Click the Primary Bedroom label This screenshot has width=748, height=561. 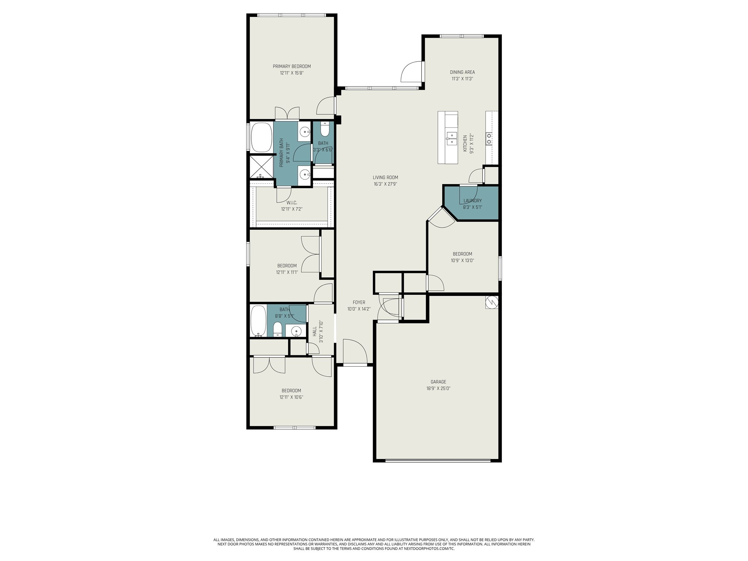(291, 66)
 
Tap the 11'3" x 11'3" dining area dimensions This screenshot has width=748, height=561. (462, 79)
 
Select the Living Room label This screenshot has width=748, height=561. (385, 178)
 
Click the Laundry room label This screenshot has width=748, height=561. (472, 201)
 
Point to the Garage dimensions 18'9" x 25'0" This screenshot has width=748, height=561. (438, 389)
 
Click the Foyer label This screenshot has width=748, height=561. (359, 302)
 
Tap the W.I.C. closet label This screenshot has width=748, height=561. (291, 203)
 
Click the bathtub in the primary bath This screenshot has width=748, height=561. (261, 138)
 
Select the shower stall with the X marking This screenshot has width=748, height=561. (261, 167)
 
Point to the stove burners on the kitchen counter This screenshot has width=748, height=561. (489, 138)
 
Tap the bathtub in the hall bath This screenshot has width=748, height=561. (259, 321)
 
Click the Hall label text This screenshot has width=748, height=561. (315, 331)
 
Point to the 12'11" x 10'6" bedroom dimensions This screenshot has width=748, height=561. (291, 397)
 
